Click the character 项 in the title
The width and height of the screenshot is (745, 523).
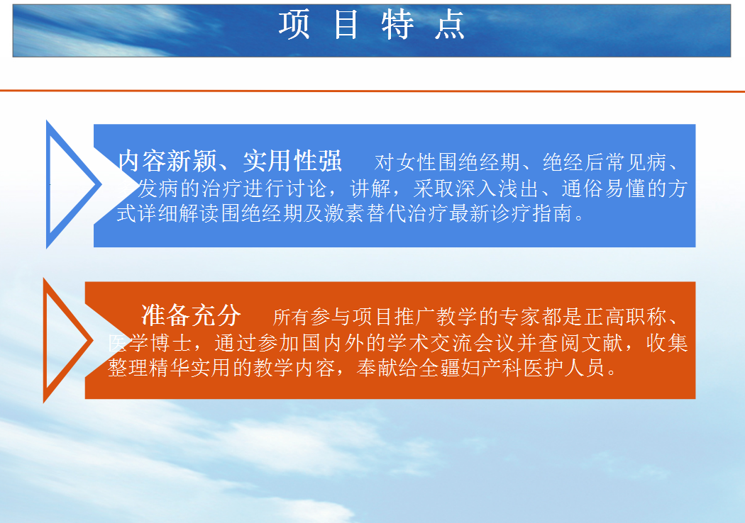coord(294,25)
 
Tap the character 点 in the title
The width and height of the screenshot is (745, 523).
coord(449,25)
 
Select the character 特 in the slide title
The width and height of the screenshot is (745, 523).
coord(397,25)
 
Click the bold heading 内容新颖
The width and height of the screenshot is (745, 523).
coord(167,161)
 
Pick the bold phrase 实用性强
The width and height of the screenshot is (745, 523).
coord(292,161)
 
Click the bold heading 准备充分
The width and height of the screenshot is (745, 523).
coord(191,315)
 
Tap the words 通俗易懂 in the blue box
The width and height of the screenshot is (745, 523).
coord(603,189)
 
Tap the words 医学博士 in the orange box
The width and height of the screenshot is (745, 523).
coord(150,343)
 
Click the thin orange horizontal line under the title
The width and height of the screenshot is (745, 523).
coord(372,91)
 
